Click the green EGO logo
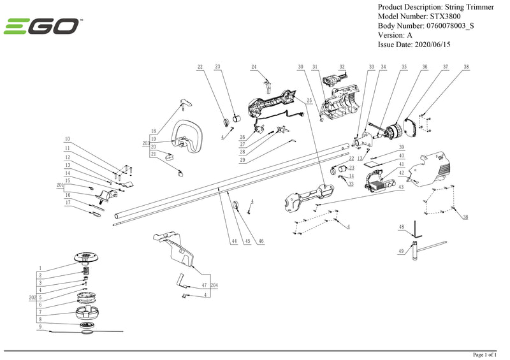pyautogui.click(x=43, y=26)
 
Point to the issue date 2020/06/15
pyautogui.click(x=439, y=45)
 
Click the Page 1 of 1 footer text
pyautogui.click(x=487, y=354)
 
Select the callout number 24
pyautogui.click(x=254, y=67)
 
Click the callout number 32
pyautogui.click(x=342, y=67)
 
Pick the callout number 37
pyautogui.click(x=446, y=67)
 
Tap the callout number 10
pyautogui.click(x=67, y=139)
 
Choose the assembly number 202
pyautogui.click(x=31, y=297)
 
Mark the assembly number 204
pyautogui.click(x=214, y=285)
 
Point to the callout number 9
pyautogui.click(x=40, y=326)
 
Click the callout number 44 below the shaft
pyautogui.click(x=234, y=242)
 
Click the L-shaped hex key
pyautogui.click(x=415, y=227)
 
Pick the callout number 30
pyautogui.click(x=300, y=67)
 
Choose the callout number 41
pyautogui.click(x=402, y=164)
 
